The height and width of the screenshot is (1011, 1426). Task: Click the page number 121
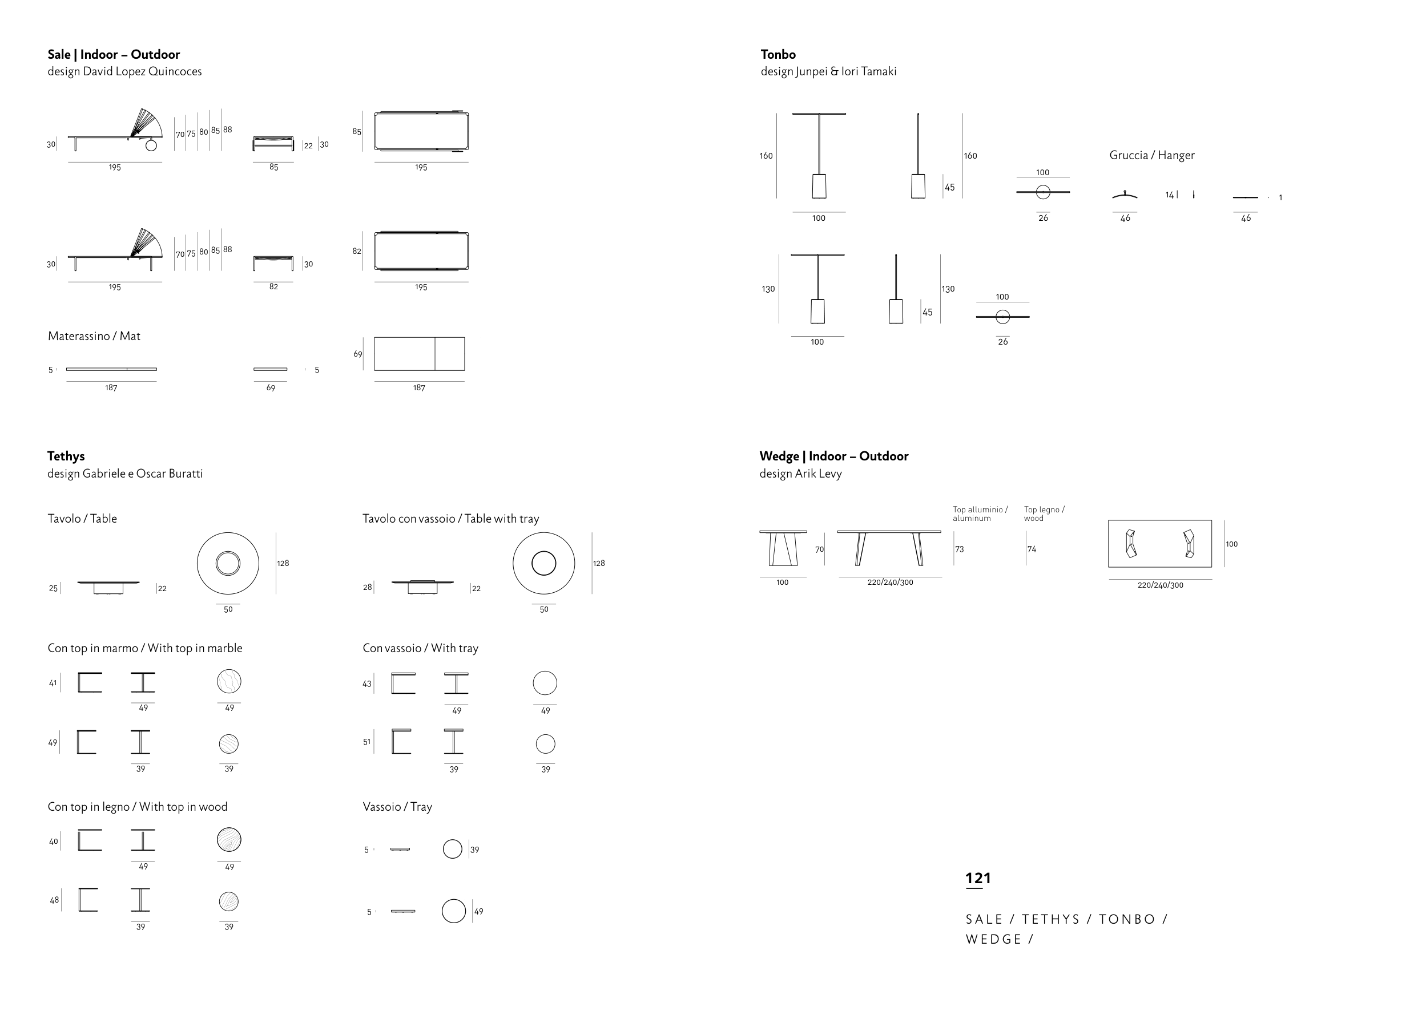978,879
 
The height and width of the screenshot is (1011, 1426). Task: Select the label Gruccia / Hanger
1151,155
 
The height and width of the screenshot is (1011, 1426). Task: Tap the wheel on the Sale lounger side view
151,145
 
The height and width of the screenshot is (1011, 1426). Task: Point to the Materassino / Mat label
94,336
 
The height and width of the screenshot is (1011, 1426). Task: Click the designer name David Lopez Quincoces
142,71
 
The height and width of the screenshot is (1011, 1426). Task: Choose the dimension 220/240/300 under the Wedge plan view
1160,585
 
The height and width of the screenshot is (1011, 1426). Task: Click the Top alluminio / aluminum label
980,513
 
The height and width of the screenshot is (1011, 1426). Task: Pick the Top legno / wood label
1044,513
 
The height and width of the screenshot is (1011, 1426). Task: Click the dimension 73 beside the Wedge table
960,549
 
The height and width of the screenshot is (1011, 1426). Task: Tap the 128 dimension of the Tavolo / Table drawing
283,563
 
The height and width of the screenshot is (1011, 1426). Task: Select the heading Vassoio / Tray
397,807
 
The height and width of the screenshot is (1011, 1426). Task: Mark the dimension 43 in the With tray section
366,684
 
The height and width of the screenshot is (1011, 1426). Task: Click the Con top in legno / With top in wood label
138,807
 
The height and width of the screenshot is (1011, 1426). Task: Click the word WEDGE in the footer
993,940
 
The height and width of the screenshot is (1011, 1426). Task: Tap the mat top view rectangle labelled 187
419,354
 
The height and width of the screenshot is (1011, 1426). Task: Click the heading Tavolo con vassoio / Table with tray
451,519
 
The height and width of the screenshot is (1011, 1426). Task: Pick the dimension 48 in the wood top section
54,900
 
